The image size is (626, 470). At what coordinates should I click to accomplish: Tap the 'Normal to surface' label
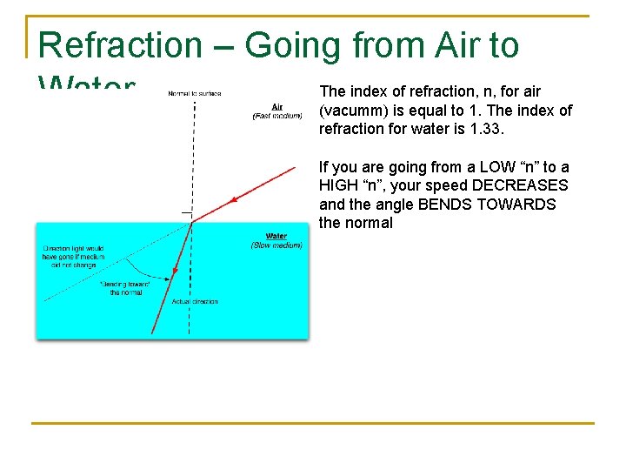point(195,93)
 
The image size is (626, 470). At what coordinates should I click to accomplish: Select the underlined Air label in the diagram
point(277,107)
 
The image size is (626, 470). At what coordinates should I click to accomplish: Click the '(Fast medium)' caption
point(277,116)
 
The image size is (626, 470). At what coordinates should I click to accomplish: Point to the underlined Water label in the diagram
point(276,236)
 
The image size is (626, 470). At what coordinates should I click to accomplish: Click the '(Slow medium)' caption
point(276,245)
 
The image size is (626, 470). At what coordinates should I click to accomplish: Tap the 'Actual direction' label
point(195,301)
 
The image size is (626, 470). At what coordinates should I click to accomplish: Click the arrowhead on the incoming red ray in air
point(233,201)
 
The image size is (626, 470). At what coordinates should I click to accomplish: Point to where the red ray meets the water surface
point(191,222)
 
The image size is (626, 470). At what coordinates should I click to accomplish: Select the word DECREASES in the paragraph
point(519,185)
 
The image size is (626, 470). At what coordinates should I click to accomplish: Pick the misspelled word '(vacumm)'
point(354,111)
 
